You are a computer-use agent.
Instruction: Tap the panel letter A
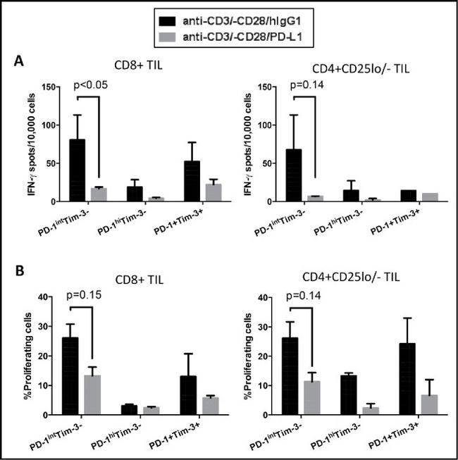pyautogui.click(x=22, y=61)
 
